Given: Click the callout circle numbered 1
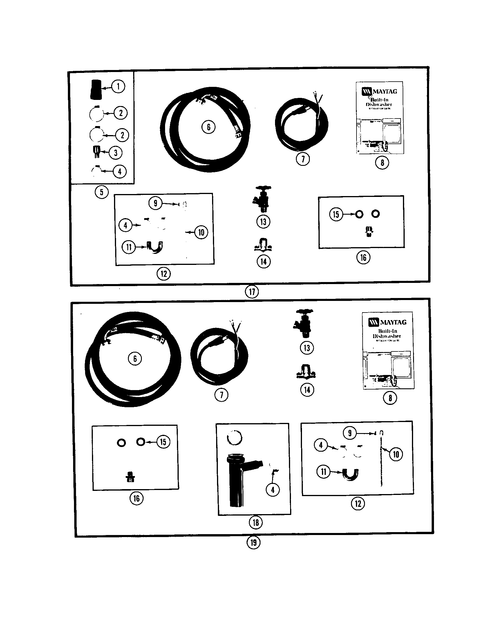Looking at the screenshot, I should click(x=118, y=87).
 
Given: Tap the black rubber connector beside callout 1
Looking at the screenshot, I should click(x=95, y=89).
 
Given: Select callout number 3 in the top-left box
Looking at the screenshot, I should click(x=115, y=153).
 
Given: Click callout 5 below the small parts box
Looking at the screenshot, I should click(x=101, y=192).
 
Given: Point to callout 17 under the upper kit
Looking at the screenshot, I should click(x=252, y=292).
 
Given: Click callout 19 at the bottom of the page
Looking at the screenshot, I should click(x=253, y=543).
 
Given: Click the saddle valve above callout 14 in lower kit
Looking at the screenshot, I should click(x=306, y=372).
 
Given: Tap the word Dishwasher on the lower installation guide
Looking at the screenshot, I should click(x=386, y=336).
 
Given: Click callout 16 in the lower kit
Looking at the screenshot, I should click(x=136, y=498).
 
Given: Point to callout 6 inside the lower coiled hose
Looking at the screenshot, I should click(x=135, y=359).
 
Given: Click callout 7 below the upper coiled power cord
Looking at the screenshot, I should click(x=303, y=159).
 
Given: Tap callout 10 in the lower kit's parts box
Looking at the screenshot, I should click(x=396, y=454).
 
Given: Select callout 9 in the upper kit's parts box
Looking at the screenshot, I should click(x=155, y=203).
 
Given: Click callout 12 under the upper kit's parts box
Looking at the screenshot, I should click(x=164, y=274).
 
